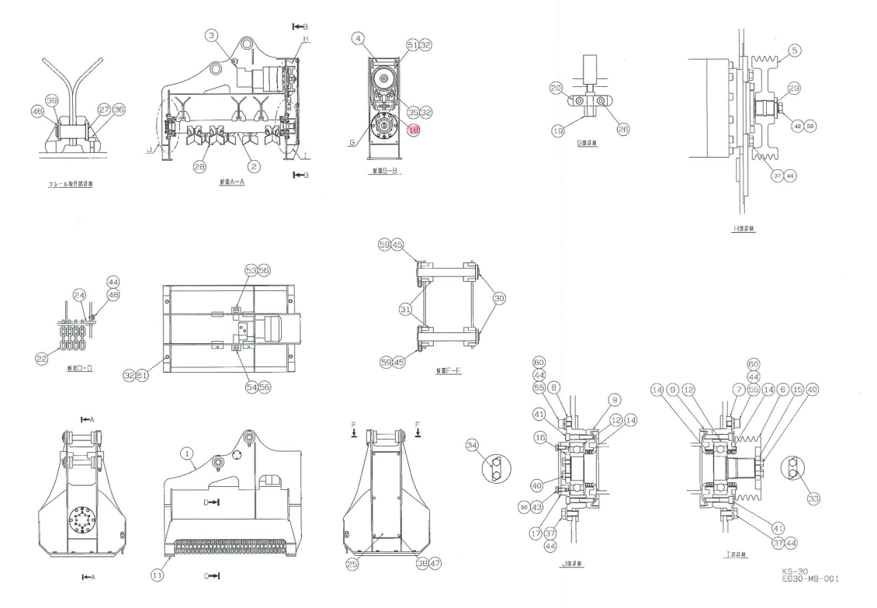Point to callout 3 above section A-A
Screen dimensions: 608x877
(211, 35)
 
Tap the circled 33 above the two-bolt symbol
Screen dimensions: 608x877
(812, 497)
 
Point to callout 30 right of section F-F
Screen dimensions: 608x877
(499, 298)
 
